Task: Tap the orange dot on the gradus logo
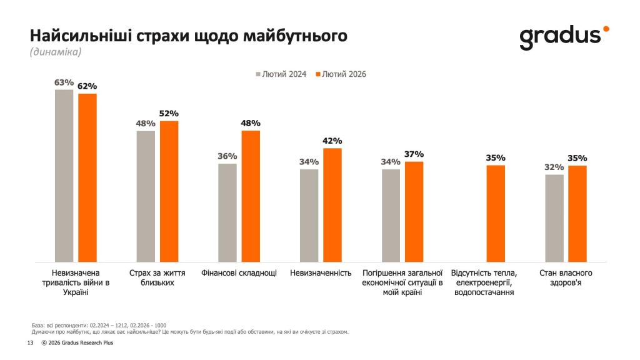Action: pyautogui.click(x=605, y=29)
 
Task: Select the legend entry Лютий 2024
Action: pyautogui.click(x=281, y=74)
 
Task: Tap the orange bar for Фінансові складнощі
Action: pyautogui.click(x=251, y=196)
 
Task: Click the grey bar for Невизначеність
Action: pyautogui.click(x=309, y=216)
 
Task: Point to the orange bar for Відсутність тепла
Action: pyautogui.click(x=496, y=214)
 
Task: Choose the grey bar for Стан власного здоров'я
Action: pyautogui.click(x=554, y=218)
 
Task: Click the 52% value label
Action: pyautogui.click(x=169, y=113)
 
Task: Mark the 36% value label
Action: pyautogui.click(x=227, y=156)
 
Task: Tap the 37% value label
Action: pyautogui.click(x=414, y=154)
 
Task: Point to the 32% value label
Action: pyautogui.click(x=554, y=167)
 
